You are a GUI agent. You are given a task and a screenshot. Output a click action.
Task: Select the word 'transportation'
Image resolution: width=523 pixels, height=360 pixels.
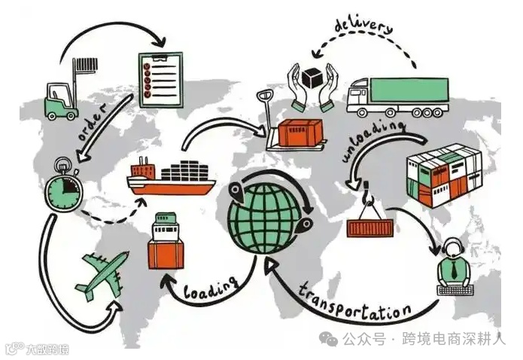tap(354, 301)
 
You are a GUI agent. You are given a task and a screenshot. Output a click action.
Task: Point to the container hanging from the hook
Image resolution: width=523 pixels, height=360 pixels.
tap(369, 225)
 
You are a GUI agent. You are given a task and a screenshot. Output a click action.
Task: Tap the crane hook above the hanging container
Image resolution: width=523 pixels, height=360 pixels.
tap(369, 198)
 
